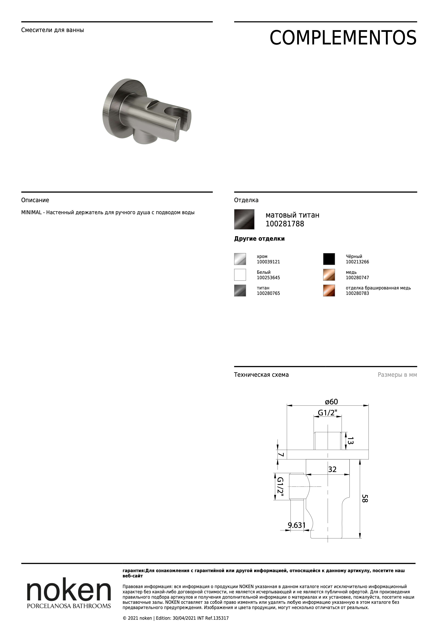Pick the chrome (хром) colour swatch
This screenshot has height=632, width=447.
(240, 259)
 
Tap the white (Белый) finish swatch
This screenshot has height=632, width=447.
(240, 275)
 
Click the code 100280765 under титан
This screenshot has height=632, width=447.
(268, 293)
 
